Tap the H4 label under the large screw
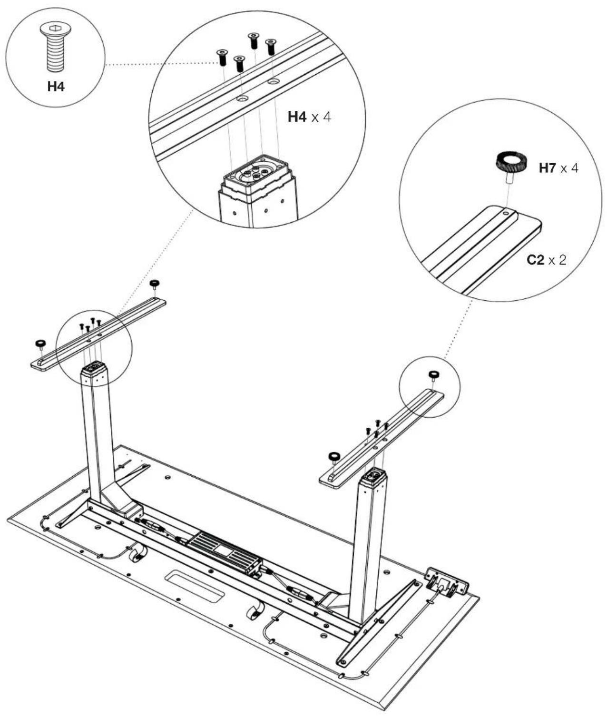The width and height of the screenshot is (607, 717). click(56, 87)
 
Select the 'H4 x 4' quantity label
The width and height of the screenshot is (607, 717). click(309, 117)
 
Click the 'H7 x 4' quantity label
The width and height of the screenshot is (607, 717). click(559, 168)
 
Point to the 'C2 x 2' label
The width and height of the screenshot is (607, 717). click(546, 260)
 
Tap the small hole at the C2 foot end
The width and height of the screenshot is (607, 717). click(506, 212)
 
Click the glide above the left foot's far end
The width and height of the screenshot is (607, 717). click(154, 285)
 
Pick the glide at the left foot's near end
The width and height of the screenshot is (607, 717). click(40, 344)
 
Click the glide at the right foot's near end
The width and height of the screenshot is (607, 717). click(334, 457)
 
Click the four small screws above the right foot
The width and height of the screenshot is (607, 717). click(377, 427)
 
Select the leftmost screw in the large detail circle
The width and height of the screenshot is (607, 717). click(222, 58)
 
